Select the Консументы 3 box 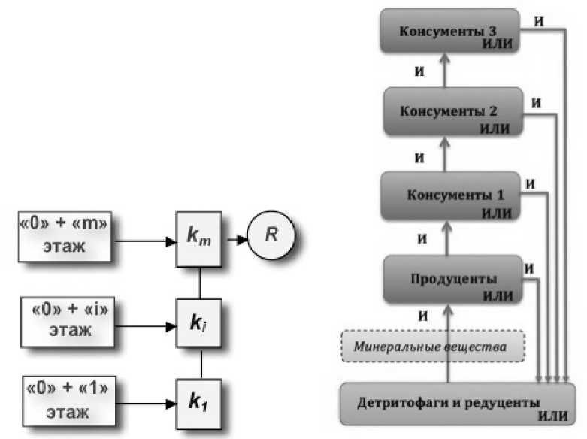[449, 31]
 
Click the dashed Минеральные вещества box [432, 347]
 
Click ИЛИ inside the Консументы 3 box [498, 44]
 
